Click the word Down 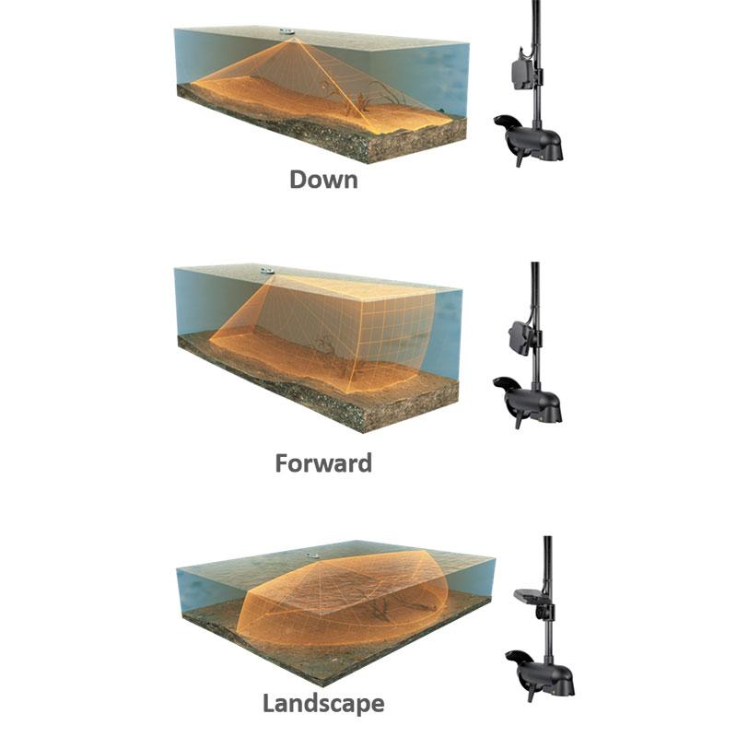pos(323,180)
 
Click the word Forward pos(323,463)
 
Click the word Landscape pos(323,704)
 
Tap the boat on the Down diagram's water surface pos(287,32)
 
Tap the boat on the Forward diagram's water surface pos(267,271)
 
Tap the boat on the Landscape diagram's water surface pos(312,556)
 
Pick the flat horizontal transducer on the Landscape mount pos(532,596)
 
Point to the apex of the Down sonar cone pos(294,39)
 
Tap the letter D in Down pos(298,180)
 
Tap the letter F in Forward pos(282,463)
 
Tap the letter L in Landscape pos(269,703)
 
